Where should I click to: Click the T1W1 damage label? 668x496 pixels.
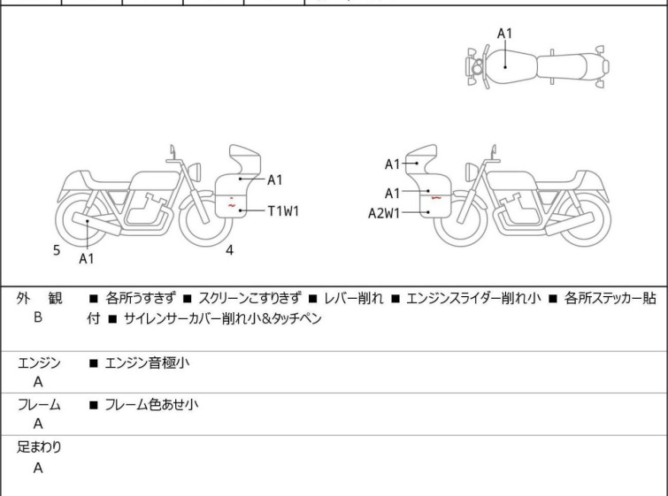click(x=285, y=211)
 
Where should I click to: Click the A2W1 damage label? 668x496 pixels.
click(x=385, y=212)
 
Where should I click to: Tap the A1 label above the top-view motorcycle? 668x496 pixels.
click(x=504, y=34)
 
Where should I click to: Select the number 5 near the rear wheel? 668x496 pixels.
click(x=57, y=250)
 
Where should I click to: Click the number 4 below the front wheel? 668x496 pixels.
click(x=229, y=250)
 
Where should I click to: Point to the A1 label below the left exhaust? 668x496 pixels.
click(x=86, y=259)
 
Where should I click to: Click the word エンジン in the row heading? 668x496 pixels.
click(x=39, y=362)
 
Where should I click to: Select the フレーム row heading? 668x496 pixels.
click(x=39, y=405)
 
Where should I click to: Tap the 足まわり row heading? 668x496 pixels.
click(x=39, y=447)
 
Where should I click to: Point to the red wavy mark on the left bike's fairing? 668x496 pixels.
click(x=232, y=205)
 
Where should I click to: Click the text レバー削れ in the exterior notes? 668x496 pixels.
click(x=354, y=299)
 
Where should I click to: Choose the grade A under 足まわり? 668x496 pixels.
click(x=38, y=469)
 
